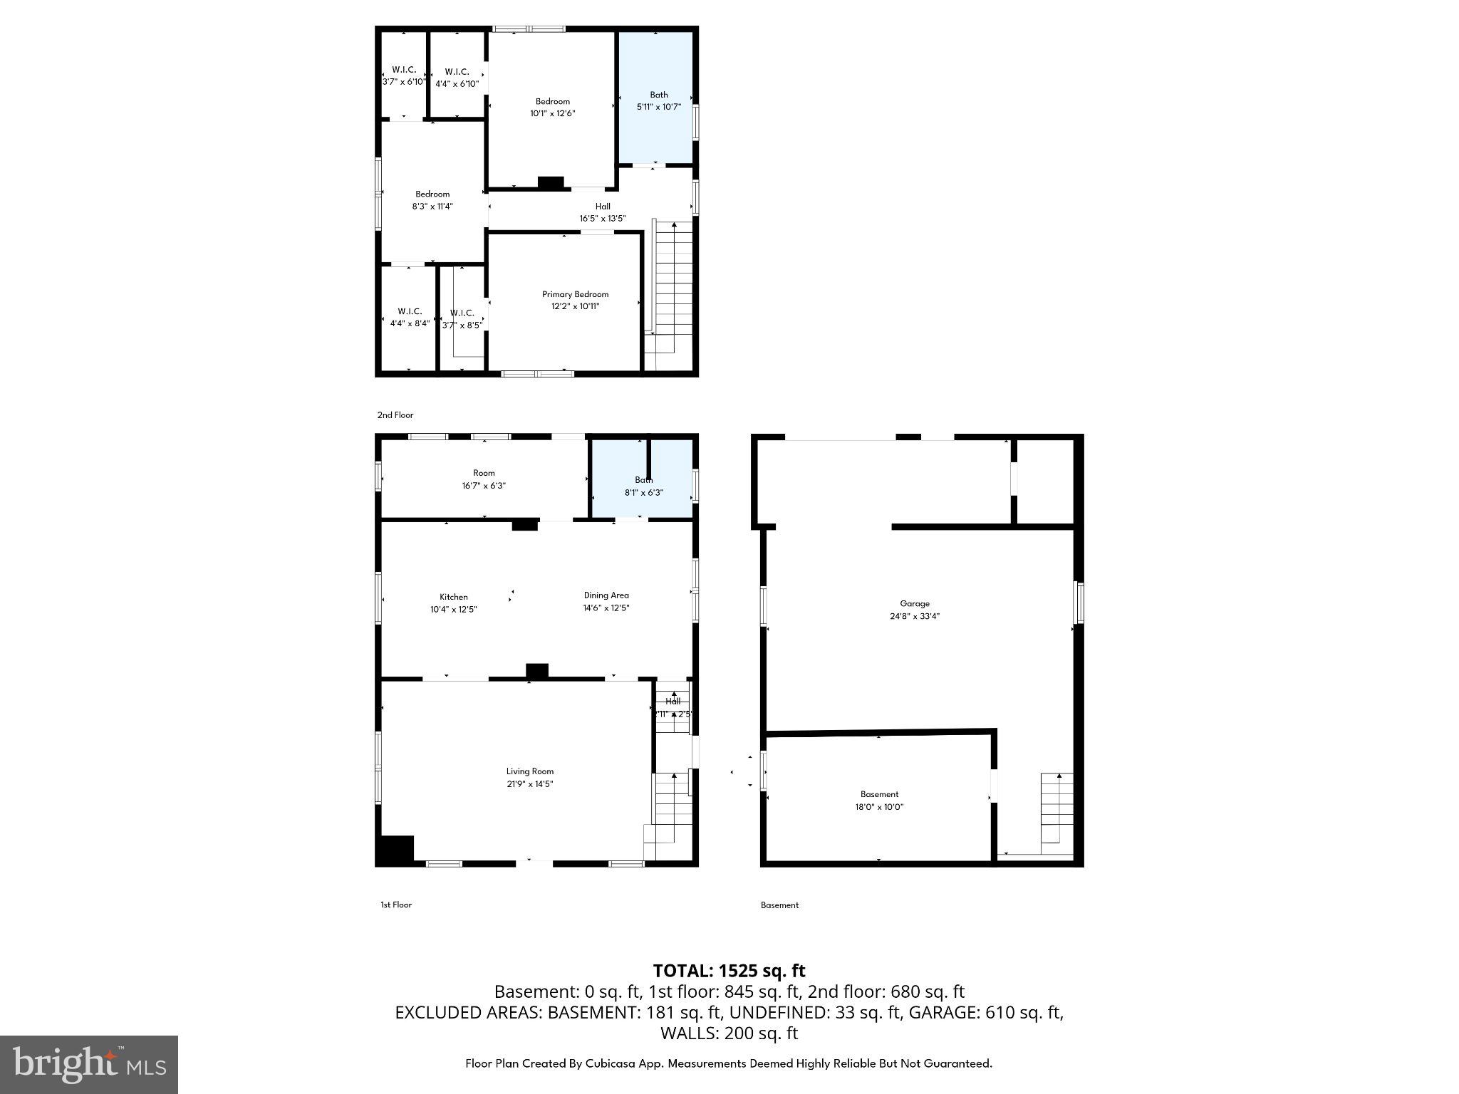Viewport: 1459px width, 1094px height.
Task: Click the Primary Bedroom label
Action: coord(575,294)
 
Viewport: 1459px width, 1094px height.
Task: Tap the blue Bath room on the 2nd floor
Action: coord(655,100)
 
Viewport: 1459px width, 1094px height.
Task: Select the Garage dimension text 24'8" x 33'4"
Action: coord(915,617)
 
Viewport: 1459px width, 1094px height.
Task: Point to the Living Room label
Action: coord(529,771)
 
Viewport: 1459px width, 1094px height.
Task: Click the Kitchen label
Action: coord(453,597)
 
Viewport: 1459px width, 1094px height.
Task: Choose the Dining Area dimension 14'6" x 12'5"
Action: coord(606,608)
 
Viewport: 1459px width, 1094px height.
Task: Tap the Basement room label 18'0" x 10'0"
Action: coord(879,801)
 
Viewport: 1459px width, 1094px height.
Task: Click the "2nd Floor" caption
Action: coord(395,415)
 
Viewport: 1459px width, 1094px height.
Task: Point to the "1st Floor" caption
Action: coord(396,905)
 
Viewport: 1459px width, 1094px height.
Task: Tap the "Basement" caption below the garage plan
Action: coord(779,905)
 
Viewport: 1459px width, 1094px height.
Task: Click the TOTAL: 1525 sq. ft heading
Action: coord(729,971)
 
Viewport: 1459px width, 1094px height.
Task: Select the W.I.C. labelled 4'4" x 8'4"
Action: coord(410,317)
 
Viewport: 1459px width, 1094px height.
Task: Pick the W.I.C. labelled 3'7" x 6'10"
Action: coord(404,75)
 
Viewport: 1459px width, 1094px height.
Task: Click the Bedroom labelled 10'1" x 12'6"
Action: coord(552,107)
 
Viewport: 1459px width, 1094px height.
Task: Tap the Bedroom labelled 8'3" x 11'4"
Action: coord(432,200)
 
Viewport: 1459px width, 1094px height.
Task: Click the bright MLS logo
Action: coord(89,1064)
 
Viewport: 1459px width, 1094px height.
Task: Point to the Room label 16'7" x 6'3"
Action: coord(484,479)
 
